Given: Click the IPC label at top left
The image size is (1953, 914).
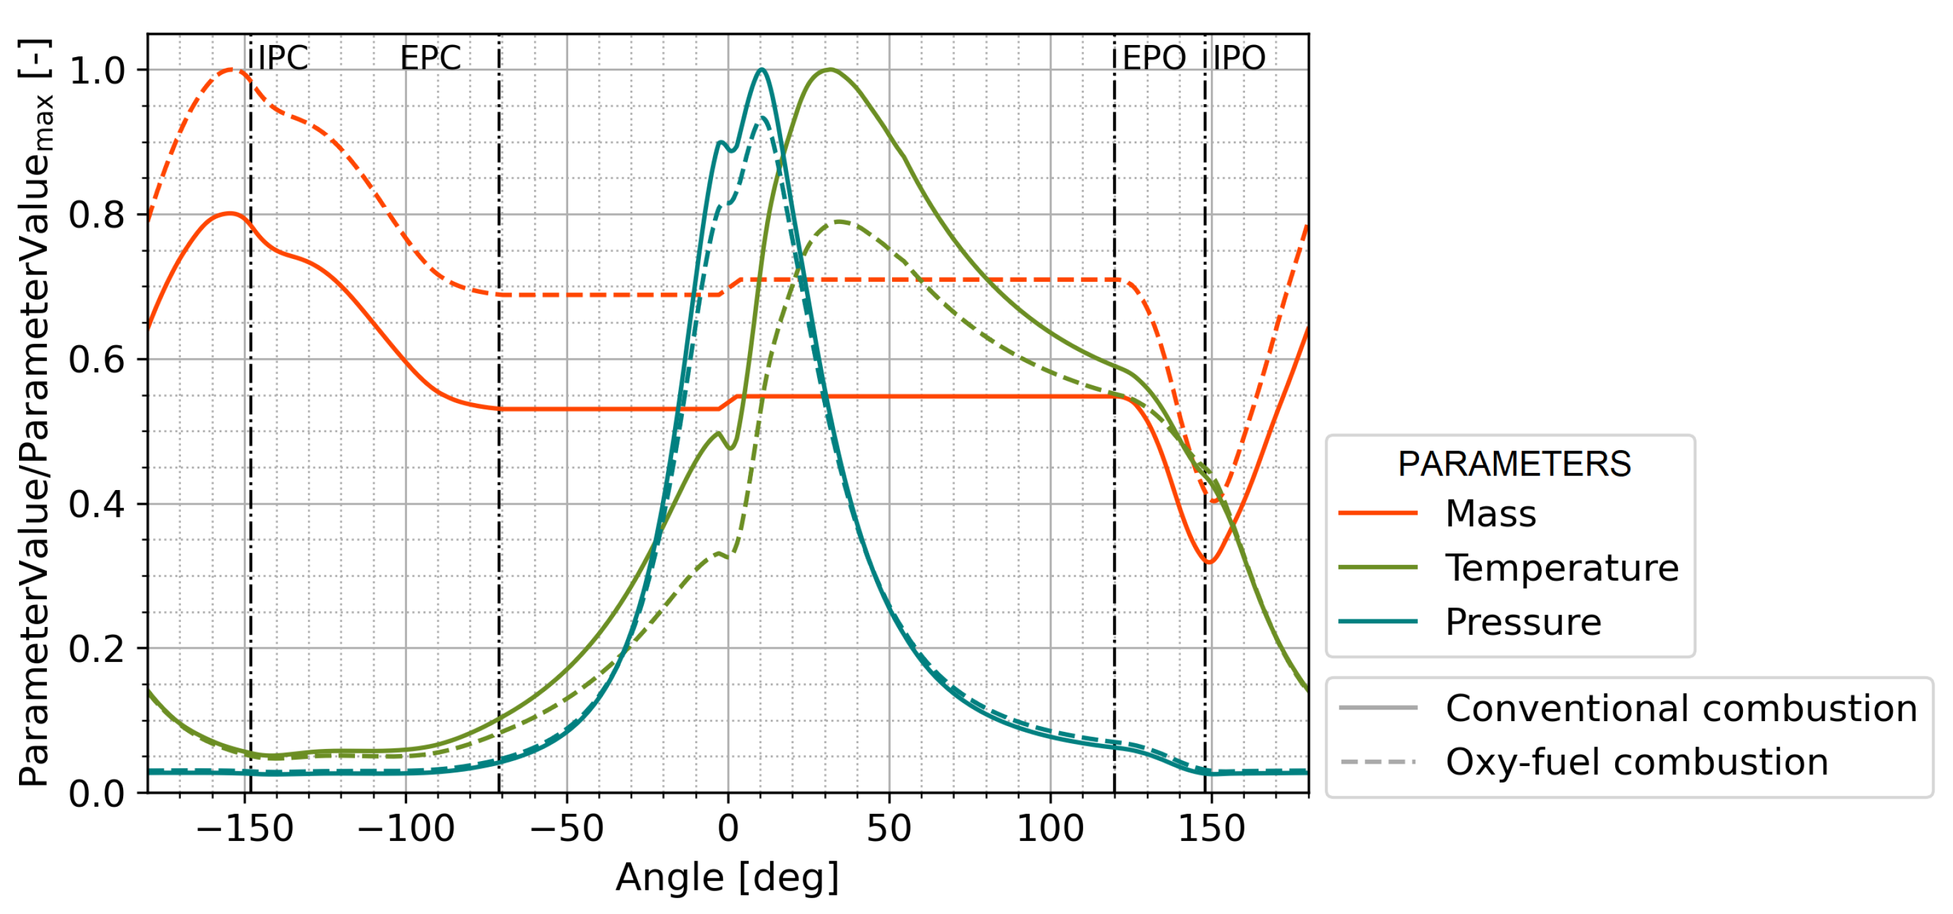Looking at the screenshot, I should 283,58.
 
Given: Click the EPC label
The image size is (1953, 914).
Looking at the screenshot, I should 430,58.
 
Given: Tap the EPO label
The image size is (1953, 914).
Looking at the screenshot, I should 1153,58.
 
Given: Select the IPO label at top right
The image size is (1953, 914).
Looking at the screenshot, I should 1239,58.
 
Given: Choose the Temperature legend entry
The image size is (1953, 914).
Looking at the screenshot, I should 1561,567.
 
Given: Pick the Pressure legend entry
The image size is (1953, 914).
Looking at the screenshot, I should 1523,621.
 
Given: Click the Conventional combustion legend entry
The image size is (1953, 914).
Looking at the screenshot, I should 1680,708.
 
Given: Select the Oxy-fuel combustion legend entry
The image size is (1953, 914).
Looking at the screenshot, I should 1636,762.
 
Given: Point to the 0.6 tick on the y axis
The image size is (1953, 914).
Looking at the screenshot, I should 97,359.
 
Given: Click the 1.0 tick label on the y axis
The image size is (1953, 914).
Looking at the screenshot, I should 97,70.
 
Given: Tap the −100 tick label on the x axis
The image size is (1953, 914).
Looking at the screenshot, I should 406,828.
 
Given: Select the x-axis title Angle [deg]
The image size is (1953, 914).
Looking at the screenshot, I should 727,878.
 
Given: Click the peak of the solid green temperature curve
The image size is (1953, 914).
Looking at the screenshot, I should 830,70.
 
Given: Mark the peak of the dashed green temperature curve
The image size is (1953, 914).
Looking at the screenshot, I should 839,222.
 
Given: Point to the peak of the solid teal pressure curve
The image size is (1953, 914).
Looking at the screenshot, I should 761,70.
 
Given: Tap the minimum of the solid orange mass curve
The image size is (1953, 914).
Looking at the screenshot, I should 1210,562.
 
